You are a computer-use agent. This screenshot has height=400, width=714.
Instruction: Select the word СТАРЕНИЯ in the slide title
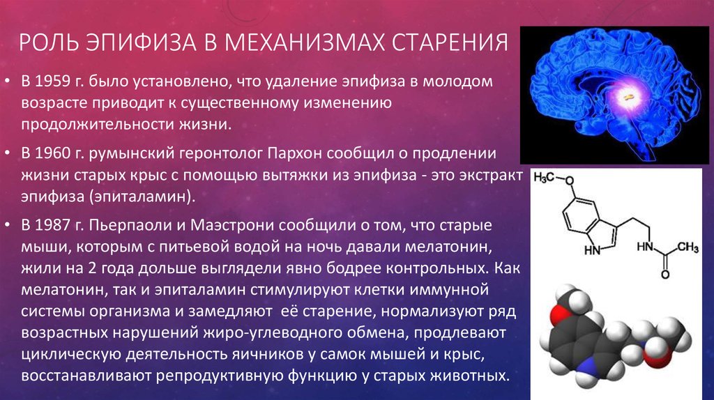click(450, 42)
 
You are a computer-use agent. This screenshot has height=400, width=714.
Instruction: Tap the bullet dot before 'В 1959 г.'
click(7, 82)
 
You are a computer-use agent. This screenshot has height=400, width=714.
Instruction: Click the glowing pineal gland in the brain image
click(629, 97)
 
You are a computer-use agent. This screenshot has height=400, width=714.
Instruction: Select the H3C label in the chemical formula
click(544, 178)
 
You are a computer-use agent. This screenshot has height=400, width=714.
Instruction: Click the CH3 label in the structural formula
click(688, 247)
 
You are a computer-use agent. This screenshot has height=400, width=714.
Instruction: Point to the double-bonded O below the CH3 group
click(664, 275)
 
